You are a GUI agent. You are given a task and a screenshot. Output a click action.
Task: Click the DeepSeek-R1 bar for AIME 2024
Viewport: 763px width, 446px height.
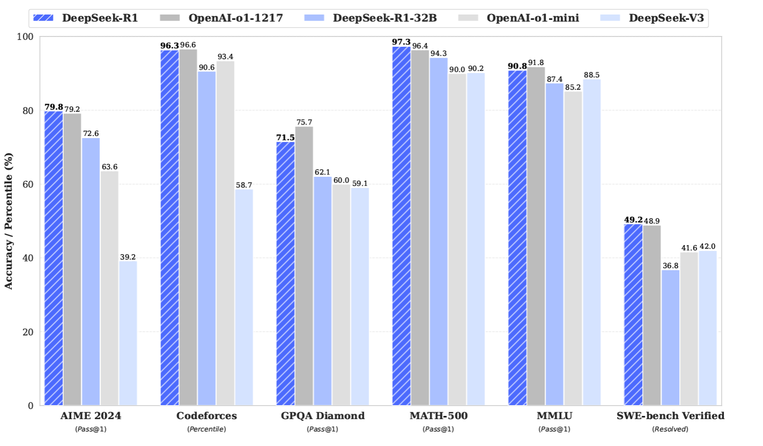point(53,258)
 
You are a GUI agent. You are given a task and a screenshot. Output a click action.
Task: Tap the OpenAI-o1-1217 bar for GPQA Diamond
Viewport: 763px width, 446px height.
point(304,266)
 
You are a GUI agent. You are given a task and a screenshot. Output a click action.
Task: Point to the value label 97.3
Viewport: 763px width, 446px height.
point(401,42)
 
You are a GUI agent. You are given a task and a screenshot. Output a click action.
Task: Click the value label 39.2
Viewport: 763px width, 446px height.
point(128,256)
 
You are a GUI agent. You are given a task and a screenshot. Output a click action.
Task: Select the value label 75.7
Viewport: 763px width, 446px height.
point(304,122)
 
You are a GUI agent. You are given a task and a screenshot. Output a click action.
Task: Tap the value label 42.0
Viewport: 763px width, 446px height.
point(707,246)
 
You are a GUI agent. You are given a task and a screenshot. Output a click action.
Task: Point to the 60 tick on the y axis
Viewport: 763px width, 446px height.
point(28,184)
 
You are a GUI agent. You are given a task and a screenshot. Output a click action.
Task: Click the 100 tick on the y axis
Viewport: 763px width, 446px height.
point(26,37)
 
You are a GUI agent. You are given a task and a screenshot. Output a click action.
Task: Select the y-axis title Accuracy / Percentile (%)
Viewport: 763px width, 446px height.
point(9,221)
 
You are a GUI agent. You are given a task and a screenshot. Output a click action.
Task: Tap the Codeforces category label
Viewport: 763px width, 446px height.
point(206,416)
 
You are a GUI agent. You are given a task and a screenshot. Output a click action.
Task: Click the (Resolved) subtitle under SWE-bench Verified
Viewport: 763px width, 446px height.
point(670,429)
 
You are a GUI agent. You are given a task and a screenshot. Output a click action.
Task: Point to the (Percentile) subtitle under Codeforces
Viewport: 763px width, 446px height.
point(206,429)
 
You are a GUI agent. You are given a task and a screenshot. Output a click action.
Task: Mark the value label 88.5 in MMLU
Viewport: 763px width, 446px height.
point(591,75)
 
